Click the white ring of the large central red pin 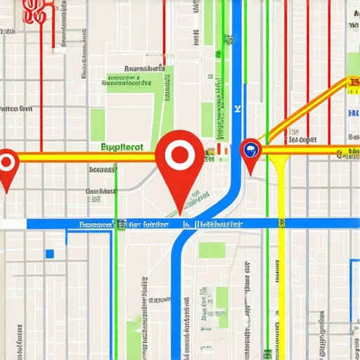point(181,155)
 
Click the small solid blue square point(49,253)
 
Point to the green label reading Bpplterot point(122,148)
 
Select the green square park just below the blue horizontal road point(211,250)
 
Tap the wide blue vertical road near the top point(237,42)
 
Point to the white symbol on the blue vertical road point(238,108)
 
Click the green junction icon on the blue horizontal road point(122,224)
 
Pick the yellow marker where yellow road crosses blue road point(281,224)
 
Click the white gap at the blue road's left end point(13,224)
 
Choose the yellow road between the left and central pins point(84,157)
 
